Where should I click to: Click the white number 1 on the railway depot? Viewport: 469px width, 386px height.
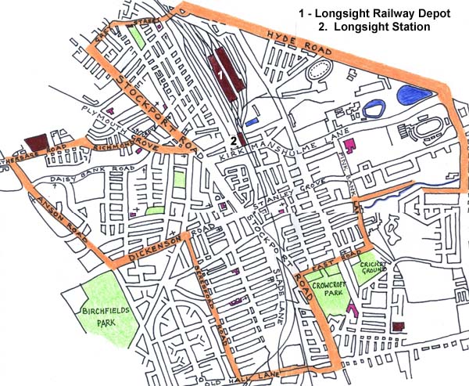point(221,74)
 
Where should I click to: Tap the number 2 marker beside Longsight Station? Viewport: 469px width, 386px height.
point(232,141)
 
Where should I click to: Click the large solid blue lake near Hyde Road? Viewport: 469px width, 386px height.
point(413,96)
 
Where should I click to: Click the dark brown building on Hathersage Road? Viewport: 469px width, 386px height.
point(35,141)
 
